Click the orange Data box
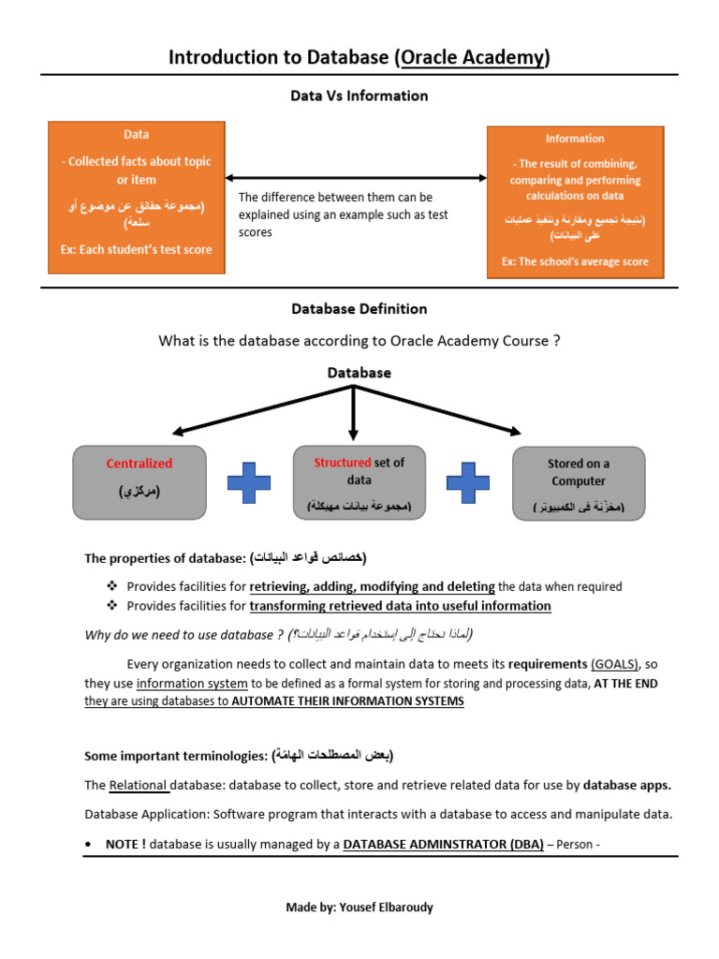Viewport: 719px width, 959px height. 137,198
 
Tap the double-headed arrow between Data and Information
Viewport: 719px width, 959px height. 356,177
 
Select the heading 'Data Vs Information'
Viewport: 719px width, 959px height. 359,96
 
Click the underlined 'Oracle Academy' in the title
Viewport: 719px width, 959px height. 472,58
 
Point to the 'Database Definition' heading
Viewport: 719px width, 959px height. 359,308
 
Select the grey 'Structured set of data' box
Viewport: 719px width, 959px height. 359,482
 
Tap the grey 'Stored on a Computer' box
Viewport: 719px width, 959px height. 578,482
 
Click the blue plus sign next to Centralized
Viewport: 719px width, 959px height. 249,481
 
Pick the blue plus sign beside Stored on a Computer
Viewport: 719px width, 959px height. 468,481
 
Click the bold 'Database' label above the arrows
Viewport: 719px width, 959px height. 359,372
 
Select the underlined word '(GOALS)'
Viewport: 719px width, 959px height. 615,664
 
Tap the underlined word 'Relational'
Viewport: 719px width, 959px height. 139,785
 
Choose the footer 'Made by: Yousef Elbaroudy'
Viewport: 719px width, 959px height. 359,907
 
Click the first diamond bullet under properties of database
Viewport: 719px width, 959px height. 113,586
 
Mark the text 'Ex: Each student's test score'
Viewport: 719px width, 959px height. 137,249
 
